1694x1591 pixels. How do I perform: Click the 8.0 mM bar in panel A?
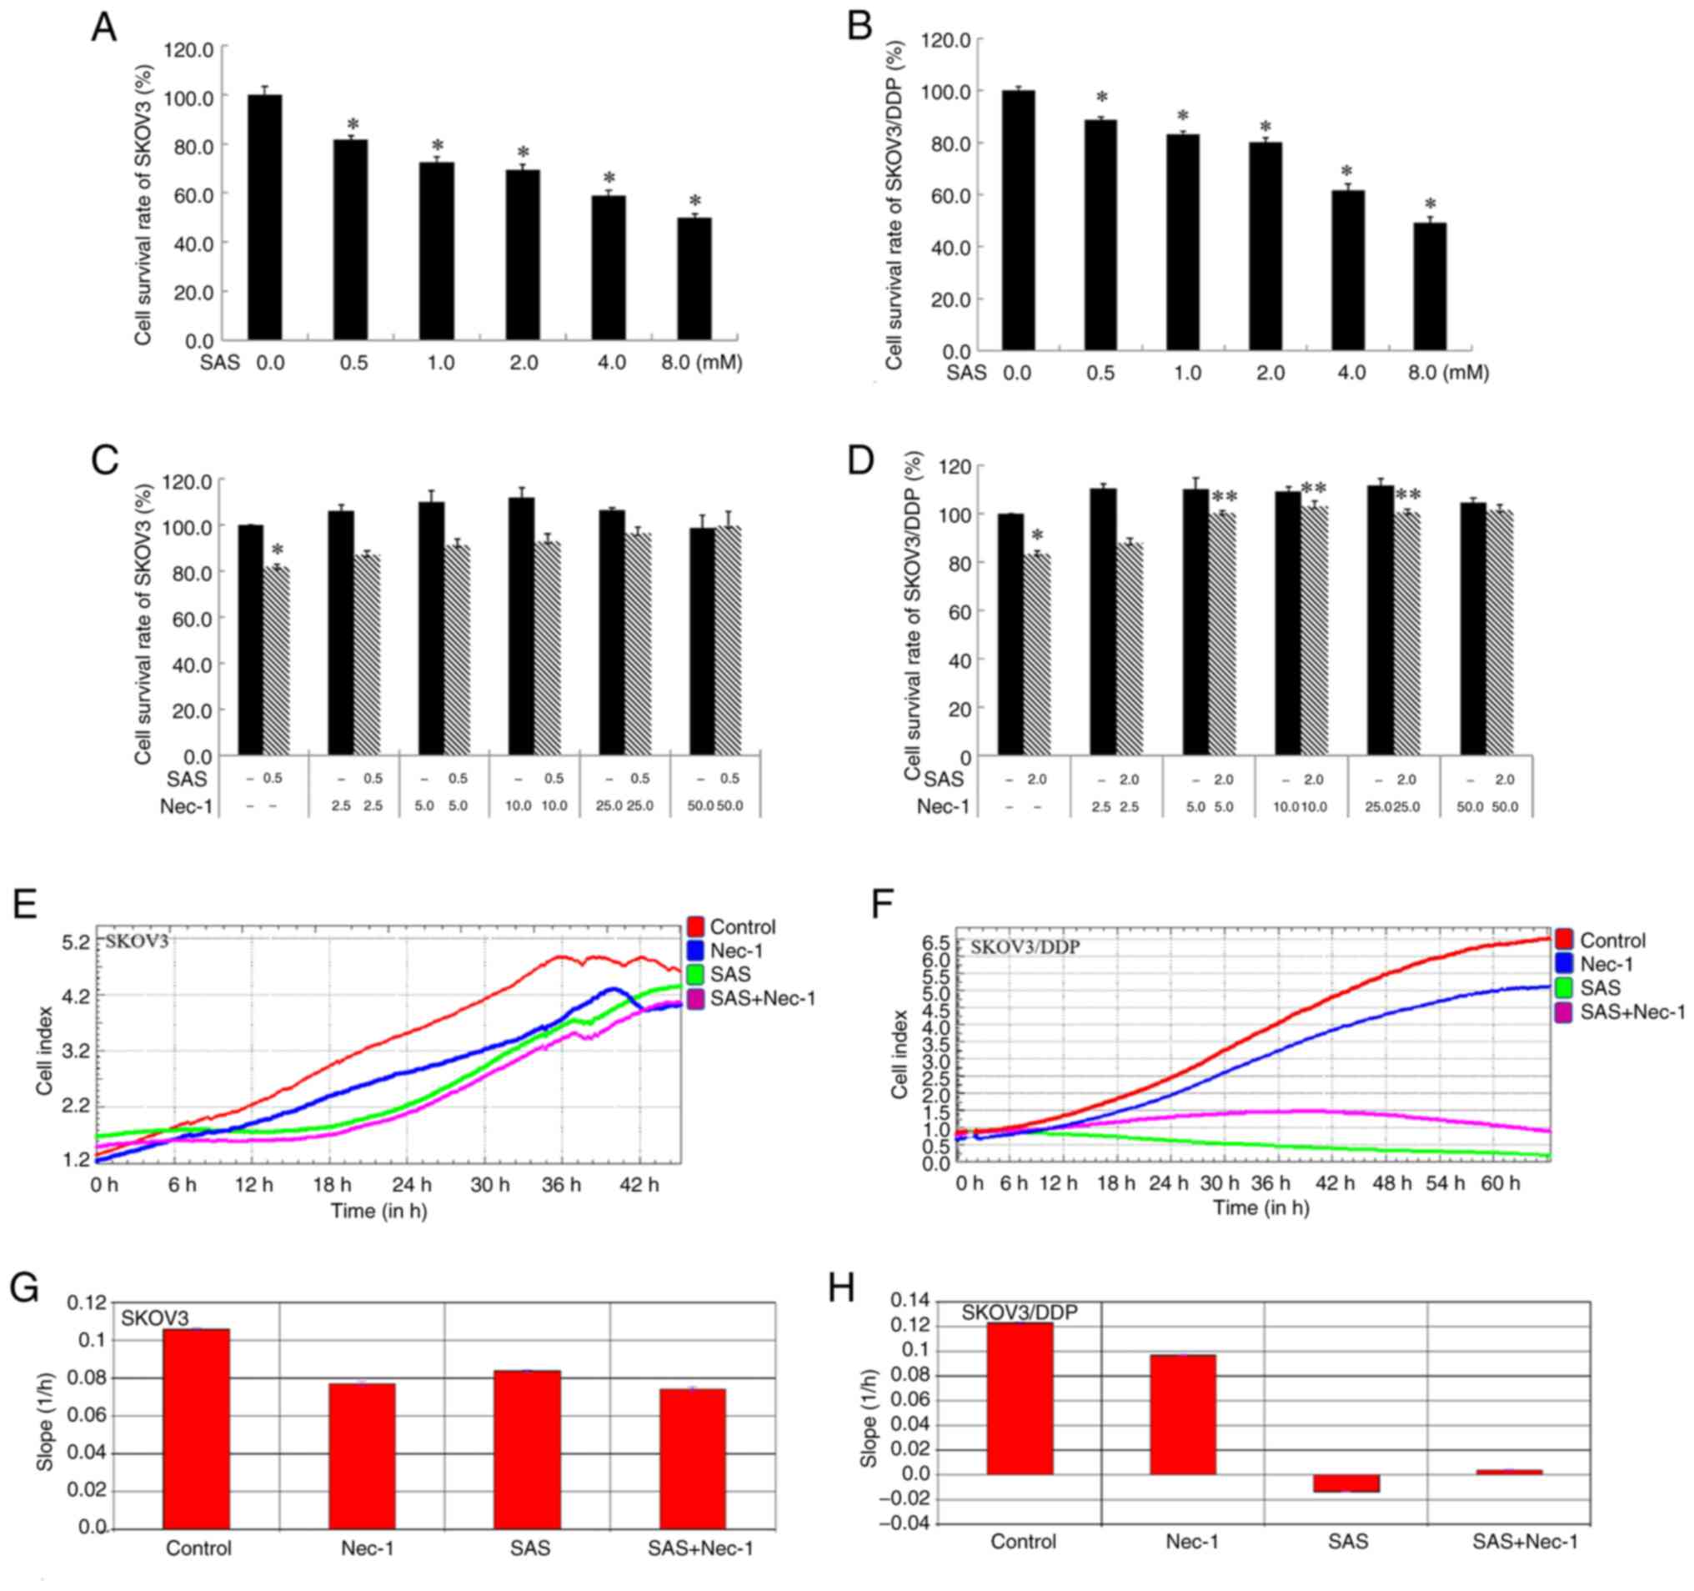(694, 279)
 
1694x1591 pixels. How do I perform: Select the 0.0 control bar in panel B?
(1018, 220)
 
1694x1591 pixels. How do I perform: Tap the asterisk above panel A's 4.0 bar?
(609, 179)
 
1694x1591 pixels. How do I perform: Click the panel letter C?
(105, 461)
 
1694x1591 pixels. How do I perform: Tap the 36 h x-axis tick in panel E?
(562, 1186)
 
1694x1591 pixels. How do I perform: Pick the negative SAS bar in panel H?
(1346, 1483)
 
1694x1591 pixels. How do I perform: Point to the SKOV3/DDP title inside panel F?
(1025, 946)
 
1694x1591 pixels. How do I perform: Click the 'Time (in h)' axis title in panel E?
(379, 1211)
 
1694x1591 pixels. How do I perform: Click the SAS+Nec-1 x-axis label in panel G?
(700, 1548)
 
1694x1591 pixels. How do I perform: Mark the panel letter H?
(842, 1287)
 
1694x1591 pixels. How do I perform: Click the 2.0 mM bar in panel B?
(1265, 245)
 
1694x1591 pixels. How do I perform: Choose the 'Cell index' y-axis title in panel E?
(45, 1051)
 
